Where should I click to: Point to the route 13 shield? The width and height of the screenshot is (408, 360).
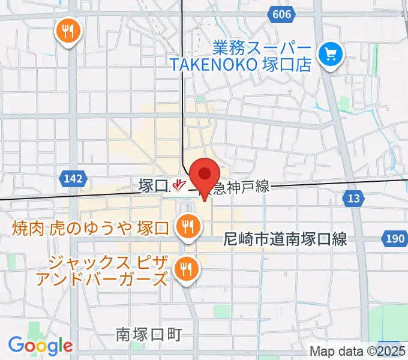click(354, 197)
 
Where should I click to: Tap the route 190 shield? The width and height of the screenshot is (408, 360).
click(394, 239)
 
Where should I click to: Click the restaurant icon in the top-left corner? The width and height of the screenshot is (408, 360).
click(69, 31)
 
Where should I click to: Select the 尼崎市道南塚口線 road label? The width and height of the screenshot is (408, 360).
click(285, 239)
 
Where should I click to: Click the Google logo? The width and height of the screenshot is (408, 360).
click(40, 346)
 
